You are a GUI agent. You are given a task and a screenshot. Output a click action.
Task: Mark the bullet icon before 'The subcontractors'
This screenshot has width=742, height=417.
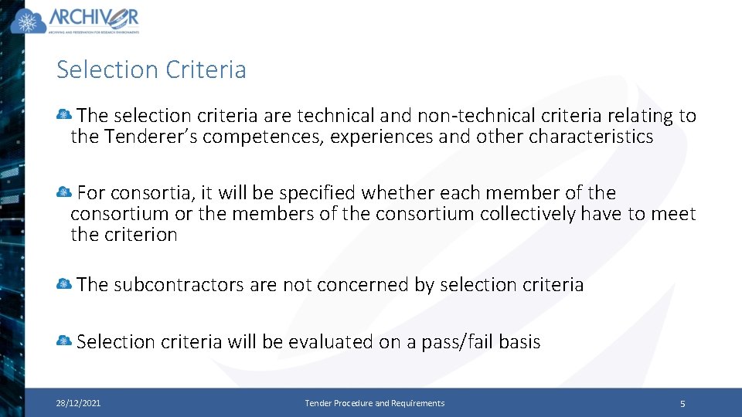pos(64,284)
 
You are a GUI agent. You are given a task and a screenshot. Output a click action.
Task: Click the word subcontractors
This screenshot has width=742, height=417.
pos(179,284)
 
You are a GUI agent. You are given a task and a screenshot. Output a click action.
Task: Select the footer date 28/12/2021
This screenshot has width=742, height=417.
pos(78,403)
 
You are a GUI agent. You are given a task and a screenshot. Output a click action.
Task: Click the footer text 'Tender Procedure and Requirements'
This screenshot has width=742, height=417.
pos(375,403)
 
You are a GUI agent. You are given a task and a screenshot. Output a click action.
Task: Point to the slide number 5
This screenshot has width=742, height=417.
pos(682,403)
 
